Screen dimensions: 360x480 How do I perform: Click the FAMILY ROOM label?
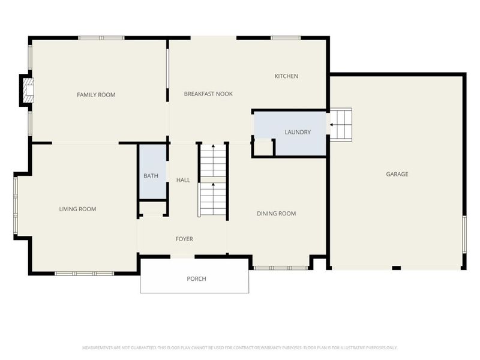click(x=96, y=95)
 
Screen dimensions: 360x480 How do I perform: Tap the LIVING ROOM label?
click(x=77, y=209)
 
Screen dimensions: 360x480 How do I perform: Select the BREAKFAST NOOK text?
click(x=208, y=94)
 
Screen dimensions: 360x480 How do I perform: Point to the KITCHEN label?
click(x=286, y=76)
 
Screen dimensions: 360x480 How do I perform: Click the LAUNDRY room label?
click(x=297, y=132)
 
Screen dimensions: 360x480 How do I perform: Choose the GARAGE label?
click(x=397, y=174)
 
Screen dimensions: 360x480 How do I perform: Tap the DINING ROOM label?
click(x=276, y=214)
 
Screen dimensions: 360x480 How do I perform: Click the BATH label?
click(x=151, y=176)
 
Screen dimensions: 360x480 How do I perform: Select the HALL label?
click(x=183, y=180)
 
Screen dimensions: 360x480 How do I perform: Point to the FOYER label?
click(x=184, y=239)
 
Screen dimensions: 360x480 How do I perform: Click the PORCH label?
click(x=196, y=279)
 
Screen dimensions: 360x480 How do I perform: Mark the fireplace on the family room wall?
click(x=28, y=91)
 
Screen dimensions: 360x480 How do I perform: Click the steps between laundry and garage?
click(x=340, y=124)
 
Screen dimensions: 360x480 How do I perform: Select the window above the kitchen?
click(x=286, y=38)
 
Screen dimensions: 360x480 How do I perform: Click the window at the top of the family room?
click(x=101, y=38)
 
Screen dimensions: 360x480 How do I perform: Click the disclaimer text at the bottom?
click(x=240, y=347)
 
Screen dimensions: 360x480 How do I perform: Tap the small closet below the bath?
click(x=154, y=208)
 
